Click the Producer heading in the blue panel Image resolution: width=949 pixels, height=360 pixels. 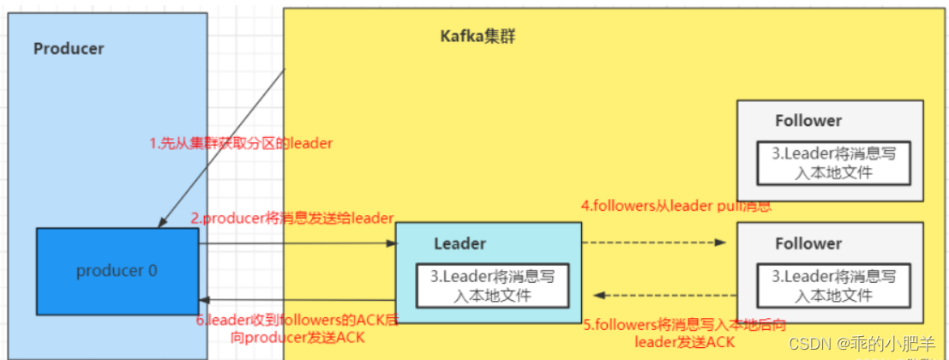(x=69, y=48)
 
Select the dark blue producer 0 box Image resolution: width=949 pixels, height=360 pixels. (x=117, y=270)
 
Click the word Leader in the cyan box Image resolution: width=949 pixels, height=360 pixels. (x=459, y=243)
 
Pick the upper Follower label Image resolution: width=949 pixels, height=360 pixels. (x=808, y=121)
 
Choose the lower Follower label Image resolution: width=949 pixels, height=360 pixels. (x=808, y=243)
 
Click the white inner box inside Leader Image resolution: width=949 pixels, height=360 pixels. (x=491, y=286)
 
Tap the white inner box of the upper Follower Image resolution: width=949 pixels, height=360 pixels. (x=833, y=164)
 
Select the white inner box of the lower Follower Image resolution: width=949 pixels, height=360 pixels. (x=833, y=286)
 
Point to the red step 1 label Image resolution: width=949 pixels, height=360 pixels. (x=241, y=144)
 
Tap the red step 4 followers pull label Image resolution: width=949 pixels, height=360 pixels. (x=676, y=207)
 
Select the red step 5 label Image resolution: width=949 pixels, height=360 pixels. (x=685, y=333)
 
